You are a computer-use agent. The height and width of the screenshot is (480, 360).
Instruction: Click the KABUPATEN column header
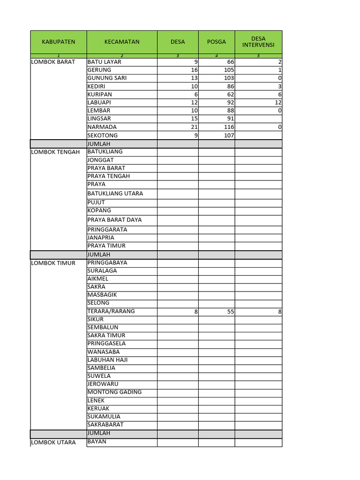tap(58, 42)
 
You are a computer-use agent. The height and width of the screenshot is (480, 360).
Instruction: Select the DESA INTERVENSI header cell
tap(258, 42)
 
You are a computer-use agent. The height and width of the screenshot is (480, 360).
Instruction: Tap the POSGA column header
tap(216, 42)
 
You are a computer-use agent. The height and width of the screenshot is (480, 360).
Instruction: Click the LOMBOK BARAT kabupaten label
tap(53, 62)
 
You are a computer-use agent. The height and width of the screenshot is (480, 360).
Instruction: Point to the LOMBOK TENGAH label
tap(55, 152)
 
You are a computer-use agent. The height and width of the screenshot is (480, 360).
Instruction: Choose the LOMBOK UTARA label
tap(53, 442)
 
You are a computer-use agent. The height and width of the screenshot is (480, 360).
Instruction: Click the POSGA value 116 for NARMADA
tap(229, 127)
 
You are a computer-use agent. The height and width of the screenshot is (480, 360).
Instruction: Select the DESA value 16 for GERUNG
tap(194, 70)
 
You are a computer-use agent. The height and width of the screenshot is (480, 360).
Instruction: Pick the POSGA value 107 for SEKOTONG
tap(229, 135)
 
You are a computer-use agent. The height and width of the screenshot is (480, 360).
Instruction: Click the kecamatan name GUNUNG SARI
tap(107, 78)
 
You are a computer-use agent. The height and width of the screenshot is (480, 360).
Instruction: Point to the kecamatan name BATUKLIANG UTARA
tap(115, 193)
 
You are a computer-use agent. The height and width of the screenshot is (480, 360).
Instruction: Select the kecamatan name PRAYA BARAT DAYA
tap(114, 219)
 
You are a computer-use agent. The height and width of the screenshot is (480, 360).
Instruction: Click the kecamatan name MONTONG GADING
tap(114, 392)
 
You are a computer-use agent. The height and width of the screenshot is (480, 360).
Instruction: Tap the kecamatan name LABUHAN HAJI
tap(107, 360)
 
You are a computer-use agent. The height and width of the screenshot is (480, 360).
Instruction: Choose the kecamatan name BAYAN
tap(97, 441)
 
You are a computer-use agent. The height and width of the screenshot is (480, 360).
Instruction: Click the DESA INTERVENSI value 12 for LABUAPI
tap(278, 102)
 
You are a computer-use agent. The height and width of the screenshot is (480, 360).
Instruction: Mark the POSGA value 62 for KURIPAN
tap(230, 94)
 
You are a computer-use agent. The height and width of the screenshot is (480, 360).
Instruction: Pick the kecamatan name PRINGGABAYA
tap(107, 262)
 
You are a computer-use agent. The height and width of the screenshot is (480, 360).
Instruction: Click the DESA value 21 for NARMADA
tap(194, 127)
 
